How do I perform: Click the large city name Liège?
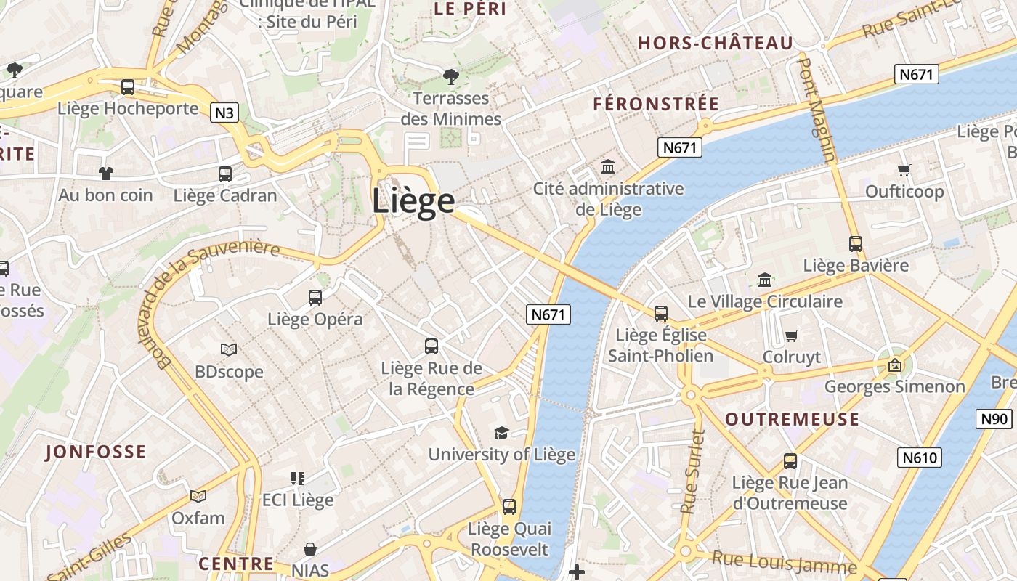(413, 201)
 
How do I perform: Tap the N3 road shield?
(225, 113)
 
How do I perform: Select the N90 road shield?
(994, 419)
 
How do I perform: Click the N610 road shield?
(920, 457)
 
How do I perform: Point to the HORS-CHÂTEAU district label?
(716, 44)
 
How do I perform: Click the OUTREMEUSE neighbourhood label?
(792, 419)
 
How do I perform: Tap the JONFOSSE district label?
(96, 452)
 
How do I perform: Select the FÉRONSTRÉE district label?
(656, 104)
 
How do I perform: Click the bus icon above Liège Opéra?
(315, 297)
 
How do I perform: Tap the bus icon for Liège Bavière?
(856, 244)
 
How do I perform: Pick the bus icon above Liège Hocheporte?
(128, 87)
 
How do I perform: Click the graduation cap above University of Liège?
(501, 434)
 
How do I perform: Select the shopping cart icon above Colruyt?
(792, 336)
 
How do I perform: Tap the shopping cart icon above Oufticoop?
(904, 171)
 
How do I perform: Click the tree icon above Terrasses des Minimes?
(451, 76)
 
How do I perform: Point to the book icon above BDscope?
(229, 350)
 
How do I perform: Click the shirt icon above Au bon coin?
(106, 174)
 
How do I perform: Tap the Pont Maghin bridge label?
(817, 109)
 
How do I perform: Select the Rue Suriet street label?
(694, 472)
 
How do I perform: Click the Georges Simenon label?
(894, 386)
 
